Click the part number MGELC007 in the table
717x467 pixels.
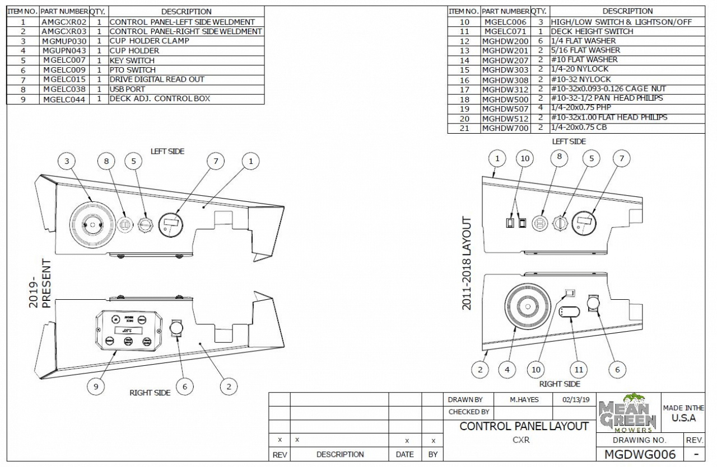(64, 60)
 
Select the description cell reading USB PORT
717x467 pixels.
(128, 89)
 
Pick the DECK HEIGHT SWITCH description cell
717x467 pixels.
(592, 31)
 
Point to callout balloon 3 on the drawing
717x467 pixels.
(68, 161)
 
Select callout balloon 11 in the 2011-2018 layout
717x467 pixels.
(579, 369)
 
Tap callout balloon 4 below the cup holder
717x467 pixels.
(508, 369)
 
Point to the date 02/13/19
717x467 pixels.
(576, 400)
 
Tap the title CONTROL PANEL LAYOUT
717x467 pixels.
(524, 426)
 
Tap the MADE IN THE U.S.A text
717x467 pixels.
(683, 413)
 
